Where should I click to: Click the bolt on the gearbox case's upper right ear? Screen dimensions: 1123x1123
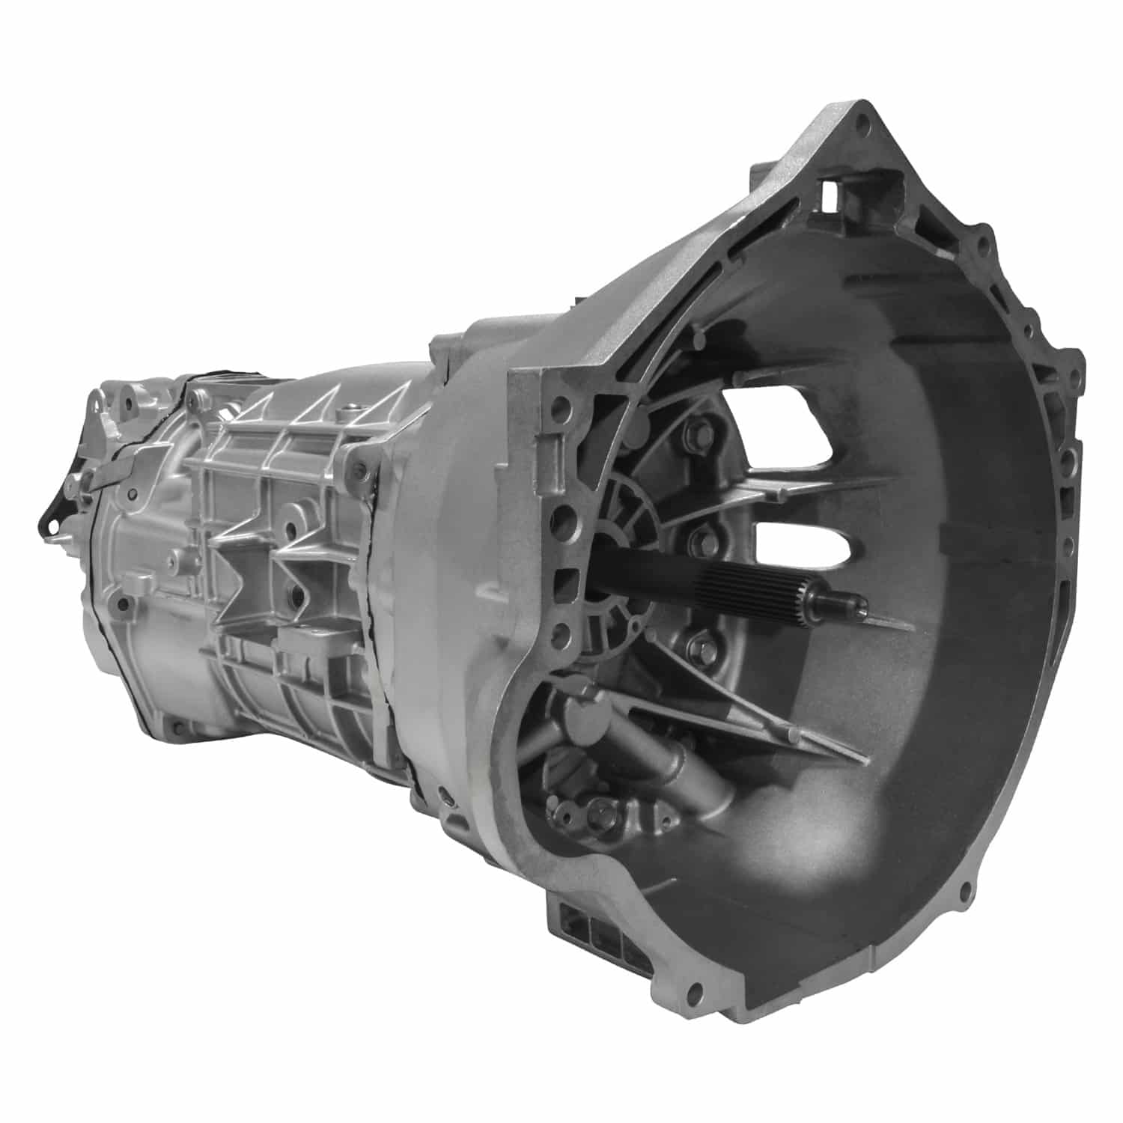[x=362, y=469]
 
